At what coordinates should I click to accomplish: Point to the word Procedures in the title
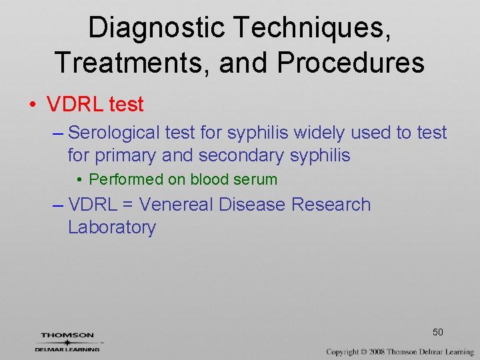click(x=351, y=63)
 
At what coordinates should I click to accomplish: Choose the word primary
click(x=123, y=155)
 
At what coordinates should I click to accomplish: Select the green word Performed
click(x=126, y=179)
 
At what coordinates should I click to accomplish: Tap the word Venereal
click(x=176, y=205)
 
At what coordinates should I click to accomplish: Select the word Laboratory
click(x=111, y=227)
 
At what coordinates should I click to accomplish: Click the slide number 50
click(x=438, y=332)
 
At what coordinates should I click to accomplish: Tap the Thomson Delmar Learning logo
click(x=67, y=342)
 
